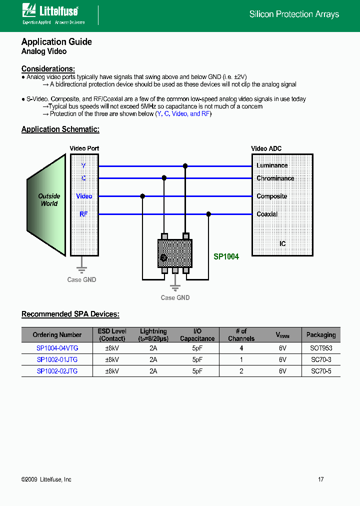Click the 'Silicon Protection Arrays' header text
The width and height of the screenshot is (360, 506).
pyautogui.click(x=294, y=14)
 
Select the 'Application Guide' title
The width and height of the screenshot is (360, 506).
pyautogui.click(x=56, y=42)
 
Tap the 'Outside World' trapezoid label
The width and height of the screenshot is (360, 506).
pyautogui.click(x=49, y=200)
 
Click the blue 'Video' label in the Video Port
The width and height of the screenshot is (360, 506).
pyautogui.click(x=84, y=196)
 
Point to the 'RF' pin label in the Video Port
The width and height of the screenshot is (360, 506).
pyautogui.click(x=83, y=214)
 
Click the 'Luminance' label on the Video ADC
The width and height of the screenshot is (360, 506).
pyautogui.click(x=272, y=165)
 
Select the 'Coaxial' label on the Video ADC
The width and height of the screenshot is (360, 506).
pyautogui.click(x=267, y=214)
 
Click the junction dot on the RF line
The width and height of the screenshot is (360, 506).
pyautogui.click(x=208, y=214)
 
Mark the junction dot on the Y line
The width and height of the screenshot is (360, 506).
pyautogui.click(x=185, y=165)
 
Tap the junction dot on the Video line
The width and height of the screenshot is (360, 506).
pyautogui.click(x=142, y=196)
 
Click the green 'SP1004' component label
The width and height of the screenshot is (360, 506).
pyautogui.click(x=226, y=257)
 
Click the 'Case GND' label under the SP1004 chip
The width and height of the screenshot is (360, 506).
pyautogui.click(x=175, y=298)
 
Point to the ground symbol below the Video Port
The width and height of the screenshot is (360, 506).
pyautogui.click(x=81, y=265)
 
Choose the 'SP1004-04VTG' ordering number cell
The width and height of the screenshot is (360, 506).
pyautogui.click(x=57, y=348)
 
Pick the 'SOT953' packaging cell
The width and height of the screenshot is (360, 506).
pyautogui.click(x=321, y=348)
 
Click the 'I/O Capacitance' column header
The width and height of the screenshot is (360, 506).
pyautogui.click(x=197, y=335)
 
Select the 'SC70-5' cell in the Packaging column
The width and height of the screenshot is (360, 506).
pyautogui.click(x=321, y=371)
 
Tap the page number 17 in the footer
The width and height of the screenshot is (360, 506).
pyautogui.click(x=321, y=479)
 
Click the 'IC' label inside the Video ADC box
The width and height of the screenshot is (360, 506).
pyautogui.click(x=282, y=244)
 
